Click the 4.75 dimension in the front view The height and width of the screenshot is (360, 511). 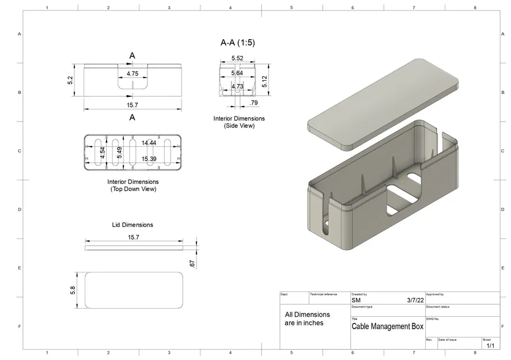click(x=132, y=74)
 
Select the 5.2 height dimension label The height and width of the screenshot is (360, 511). click(x=70, y=81)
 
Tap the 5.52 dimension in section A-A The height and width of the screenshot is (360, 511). click(x=237, y=58)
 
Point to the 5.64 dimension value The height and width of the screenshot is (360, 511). click(x=237, y=73)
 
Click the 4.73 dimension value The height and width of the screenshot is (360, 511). click(x=237, y=86)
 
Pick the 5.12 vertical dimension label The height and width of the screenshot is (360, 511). click(x=264, y=81)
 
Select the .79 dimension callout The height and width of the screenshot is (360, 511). click(x=253, y=103)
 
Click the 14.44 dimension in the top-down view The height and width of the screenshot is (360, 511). click(x=149, y=143)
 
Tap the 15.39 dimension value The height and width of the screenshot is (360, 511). click(x=149, y=158)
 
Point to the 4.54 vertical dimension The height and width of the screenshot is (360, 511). click(x=103, y=153)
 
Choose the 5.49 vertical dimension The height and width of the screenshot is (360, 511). click(x=119, y=153)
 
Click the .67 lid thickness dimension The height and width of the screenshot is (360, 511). click(x=192, y=263)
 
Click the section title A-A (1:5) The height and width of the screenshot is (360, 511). click(x=237, y=43)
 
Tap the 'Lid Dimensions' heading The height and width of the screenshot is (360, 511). click(x=133, y=225)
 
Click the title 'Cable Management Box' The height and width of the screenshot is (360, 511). click(x=387, y=327)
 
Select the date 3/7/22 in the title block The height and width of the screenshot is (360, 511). click(x=415, y=300)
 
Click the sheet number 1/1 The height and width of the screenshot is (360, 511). click(x=490, y=346)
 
